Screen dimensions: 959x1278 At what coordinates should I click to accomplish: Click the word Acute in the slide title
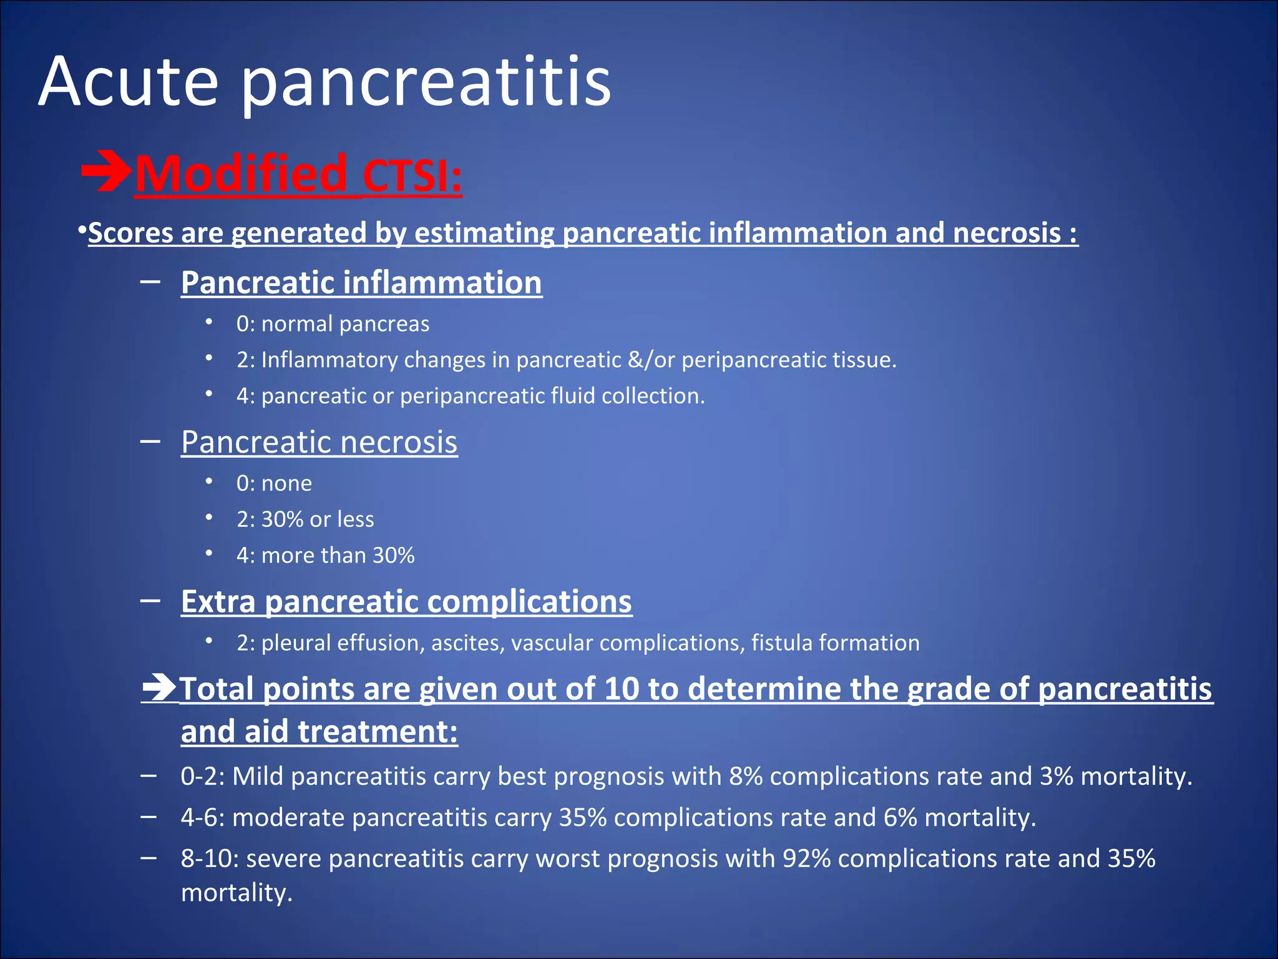point(128,82)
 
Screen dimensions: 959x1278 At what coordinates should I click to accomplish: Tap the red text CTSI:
point(412,175)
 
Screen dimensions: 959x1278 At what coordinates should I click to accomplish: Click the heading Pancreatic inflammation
point(361,282)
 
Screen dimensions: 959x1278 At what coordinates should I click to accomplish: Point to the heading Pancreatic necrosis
point(319,442)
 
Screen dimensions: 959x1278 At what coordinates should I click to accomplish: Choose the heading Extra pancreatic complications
point(406,602)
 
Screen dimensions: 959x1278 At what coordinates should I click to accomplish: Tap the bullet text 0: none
point(274,483)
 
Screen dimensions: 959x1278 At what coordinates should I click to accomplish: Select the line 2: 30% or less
point(305,519)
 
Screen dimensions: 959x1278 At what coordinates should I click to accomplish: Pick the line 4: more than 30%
point(325,556)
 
